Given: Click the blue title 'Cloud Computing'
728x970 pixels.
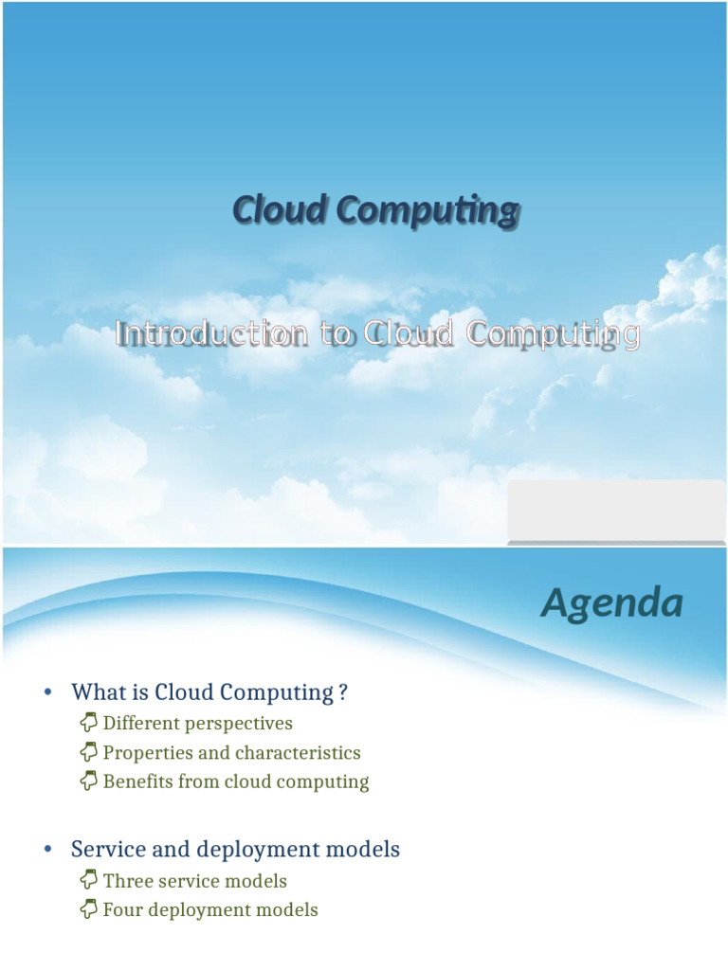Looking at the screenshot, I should pyautogui.click(x=376, y=210).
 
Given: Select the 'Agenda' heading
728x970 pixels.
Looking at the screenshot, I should pyautogui.click(x=611, y=603).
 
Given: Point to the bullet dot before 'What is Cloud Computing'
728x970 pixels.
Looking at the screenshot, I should pyautogui.click(x=47, y=692).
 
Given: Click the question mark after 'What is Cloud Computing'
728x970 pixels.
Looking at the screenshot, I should pyautogui.click(x=343, y=692).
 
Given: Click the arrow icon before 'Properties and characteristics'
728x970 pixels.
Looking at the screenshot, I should pyautogui.click(x=89, y=753).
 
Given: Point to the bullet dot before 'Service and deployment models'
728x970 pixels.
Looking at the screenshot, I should pyautogui.click(x=47, y=851).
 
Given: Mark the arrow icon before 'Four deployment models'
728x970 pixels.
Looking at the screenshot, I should pyautogui.click(x=89, y=910).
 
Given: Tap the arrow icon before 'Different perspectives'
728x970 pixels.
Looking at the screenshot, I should pyautogui.click(x=89, y=724).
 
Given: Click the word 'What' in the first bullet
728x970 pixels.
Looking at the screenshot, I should pyautogui.click(x=96, y=692).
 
